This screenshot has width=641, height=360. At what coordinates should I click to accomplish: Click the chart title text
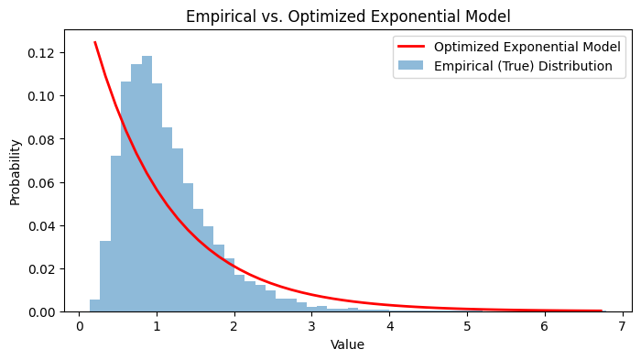click(x=348, y=16)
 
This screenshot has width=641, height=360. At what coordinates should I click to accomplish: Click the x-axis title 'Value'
click(x=347, y=344)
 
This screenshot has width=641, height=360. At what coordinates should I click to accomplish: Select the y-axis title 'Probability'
click(x=16, y=171)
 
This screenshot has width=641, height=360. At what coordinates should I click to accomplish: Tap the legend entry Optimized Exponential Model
click(x=527, y=47)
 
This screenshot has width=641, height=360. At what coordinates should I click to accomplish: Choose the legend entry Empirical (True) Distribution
click(x=523, y=66)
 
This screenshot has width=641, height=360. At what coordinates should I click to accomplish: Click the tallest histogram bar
click(x=147, y=183)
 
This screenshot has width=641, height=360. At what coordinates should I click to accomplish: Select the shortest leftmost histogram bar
click(x=94, y=306)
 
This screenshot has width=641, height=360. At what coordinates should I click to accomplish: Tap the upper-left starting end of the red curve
click(x=95, y=42)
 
